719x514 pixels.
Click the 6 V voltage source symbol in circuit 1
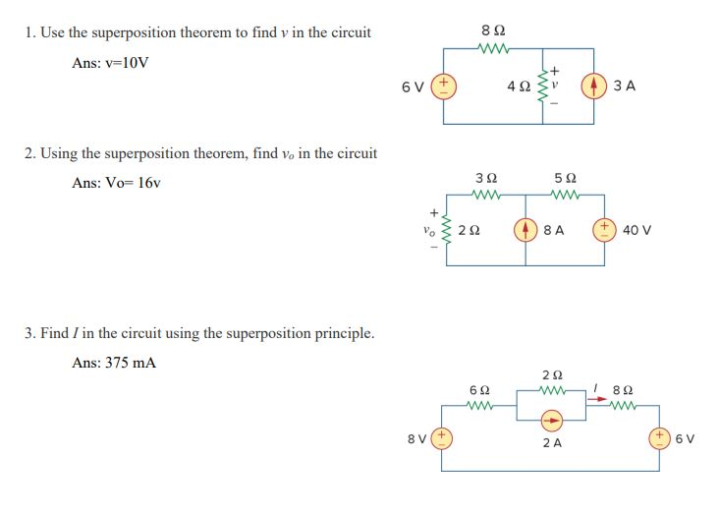[x=444, y=86]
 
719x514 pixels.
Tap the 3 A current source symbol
[x=593, y=86]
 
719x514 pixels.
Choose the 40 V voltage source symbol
[x=603, y=230]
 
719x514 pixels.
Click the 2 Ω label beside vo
[x=470, y=231]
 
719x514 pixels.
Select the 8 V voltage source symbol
[x=443, y=438]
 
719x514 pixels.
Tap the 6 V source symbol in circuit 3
[x=660, y=438]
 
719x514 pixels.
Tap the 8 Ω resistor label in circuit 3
[x=623, y=389]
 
